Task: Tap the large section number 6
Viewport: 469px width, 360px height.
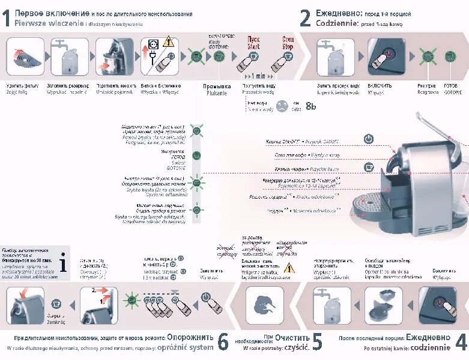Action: tap(223, 342)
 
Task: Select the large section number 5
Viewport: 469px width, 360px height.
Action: tap(318, 342)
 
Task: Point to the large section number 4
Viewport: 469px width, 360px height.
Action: tap(461, 342)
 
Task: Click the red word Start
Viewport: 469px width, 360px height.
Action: tap(253, 43)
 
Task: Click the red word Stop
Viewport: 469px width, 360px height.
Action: tap(288, 43)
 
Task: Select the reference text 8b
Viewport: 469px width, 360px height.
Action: tap(310, 106)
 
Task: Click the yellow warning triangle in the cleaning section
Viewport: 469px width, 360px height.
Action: tap(289, 268)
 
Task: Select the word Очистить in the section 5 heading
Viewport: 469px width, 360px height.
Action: tap(293, 338)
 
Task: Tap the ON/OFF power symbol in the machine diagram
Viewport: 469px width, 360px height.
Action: tap(369, 139)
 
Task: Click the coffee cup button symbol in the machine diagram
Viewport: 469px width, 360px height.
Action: tap(369, 167)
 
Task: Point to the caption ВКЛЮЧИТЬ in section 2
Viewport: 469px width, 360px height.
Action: tap(380, 86)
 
